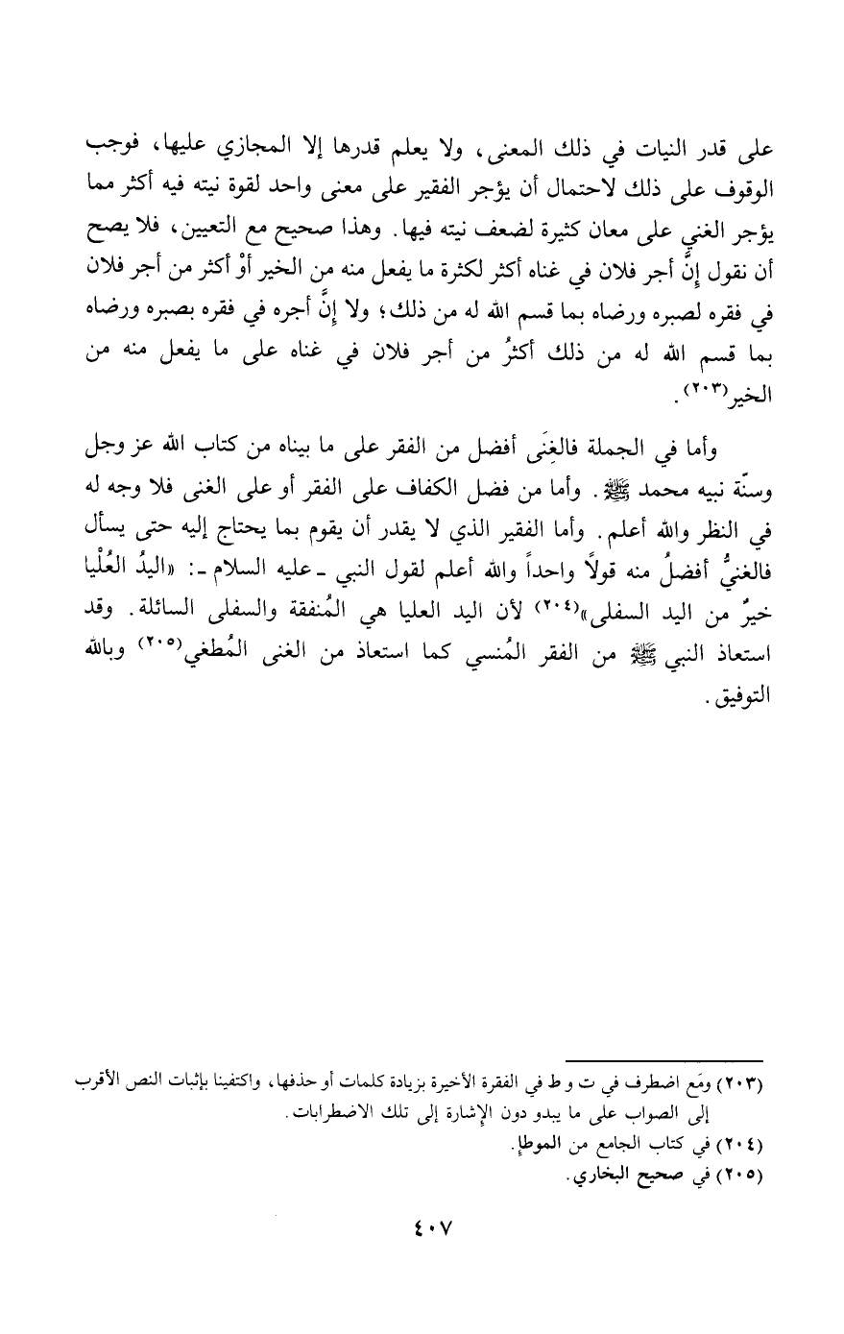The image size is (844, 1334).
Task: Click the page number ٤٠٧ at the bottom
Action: click(422, 1228)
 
